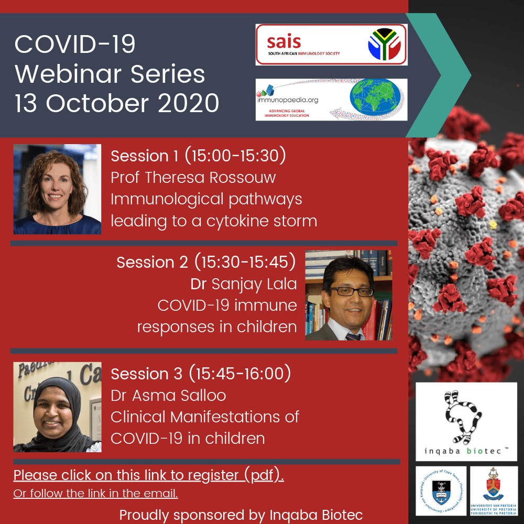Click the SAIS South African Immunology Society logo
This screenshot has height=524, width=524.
pos(331,45)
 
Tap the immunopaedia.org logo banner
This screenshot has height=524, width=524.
pos(331,100)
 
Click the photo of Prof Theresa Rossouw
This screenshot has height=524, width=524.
pos(57,189)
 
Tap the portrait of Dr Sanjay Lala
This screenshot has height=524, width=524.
pos(348,296)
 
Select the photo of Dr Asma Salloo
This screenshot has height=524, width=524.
pos(57,407)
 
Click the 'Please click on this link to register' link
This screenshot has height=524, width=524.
pos(149,475)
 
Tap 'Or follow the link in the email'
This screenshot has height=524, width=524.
pos(95,493)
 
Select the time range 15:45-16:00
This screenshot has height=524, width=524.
pos(240,374)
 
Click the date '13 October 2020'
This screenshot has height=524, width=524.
pos(116,103)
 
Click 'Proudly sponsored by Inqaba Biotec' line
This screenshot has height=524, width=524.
pos(241,515)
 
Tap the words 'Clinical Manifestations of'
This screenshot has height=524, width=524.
pos(204,417)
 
